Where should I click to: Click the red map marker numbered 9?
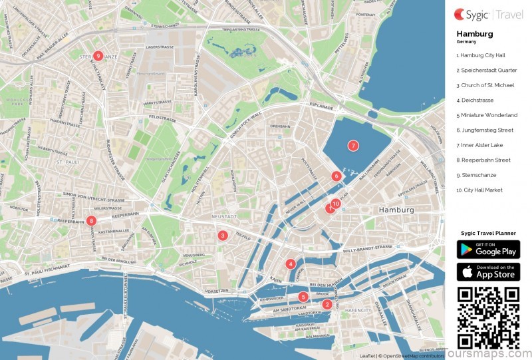(x=98, y=57)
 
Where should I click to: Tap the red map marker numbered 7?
(x=353, y=145)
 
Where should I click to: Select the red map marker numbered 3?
(x=223, y=235)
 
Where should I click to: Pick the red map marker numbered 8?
(x=91, y=220)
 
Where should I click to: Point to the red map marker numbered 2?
(x=327, y=305)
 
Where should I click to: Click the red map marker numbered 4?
(x=291, y=264)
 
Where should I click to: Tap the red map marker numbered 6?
(x=336, y=176)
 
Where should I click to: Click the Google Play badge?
(x=487, y=249)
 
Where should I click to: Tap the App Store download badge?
(x=487, y=271)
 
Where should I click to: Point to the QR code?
(x=487, y=317)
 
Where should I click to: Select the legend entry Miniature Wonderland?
(x=486, y=115)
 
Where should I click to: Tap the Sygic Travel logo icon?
(x=460, y=13)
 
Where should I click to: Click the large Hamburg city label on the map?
(x=396, y=210)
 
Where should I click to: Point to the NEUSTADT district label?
(x=224, y=217)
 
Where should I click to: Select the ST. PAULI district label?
(x=68, y=162)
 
